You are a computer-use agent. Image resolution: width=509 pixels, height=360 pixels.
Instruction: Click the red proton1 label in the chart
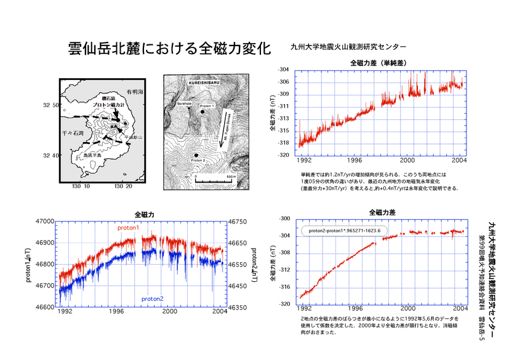[129, 228]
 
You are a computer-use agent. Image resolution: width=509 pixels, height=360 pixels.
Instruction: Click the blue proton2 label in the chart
[152, 298]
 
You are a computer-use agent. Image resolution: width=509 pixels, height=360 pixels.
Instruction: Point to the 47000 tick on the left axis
[46, 221]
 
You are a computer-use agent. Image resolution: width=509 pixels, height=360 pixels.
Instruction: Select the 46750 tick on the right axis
[238, 221]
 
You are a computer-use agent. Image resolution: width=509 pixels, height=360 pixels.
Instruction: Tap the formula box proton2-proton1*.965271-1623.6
[345, 231]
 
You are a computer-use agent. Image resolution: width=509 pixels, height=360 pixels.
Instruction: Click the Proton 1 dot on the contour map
[201, 112]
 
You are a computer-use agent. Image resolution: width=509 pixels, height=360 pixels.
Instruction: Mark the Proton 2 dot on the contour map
[196, 155]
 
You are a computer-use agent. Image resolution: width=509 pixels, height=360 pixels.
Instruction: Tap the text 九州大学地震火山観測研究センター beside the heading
[348, 47]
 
